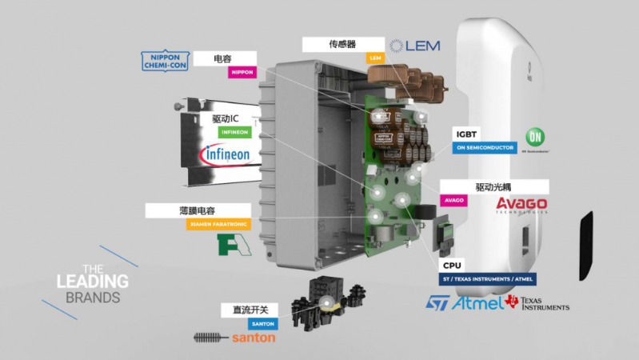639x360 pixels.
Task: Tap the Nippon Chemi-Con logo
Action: point(165,61)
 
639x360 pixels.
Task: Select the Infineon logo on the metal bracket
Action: point(229,153)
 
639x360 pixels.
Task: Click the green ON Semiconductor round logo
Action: point(535,138)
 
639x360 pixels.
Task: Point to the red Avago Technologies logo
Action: point(522,205)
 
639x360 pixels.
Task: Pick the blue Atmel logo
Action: point(477,303)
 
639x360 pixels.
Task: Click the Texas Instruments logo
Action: point(538,303)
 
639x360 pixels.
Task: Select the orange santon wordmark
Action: point(254,338)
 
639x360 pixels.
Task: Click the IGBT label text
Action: point(468,134)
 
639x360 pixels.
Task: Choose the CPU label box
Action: point(452,265)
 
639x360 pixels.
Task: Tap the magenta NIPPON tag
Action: point(242,72)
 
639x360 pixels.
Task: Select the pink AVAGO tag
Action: point(453,200)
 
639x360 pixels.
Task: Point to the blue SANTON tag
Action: point(262,323)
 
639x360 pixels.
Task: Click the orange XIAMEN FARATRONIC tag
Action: point(218,225)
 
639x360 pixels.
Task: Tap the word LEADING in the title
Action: point(92,282)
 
